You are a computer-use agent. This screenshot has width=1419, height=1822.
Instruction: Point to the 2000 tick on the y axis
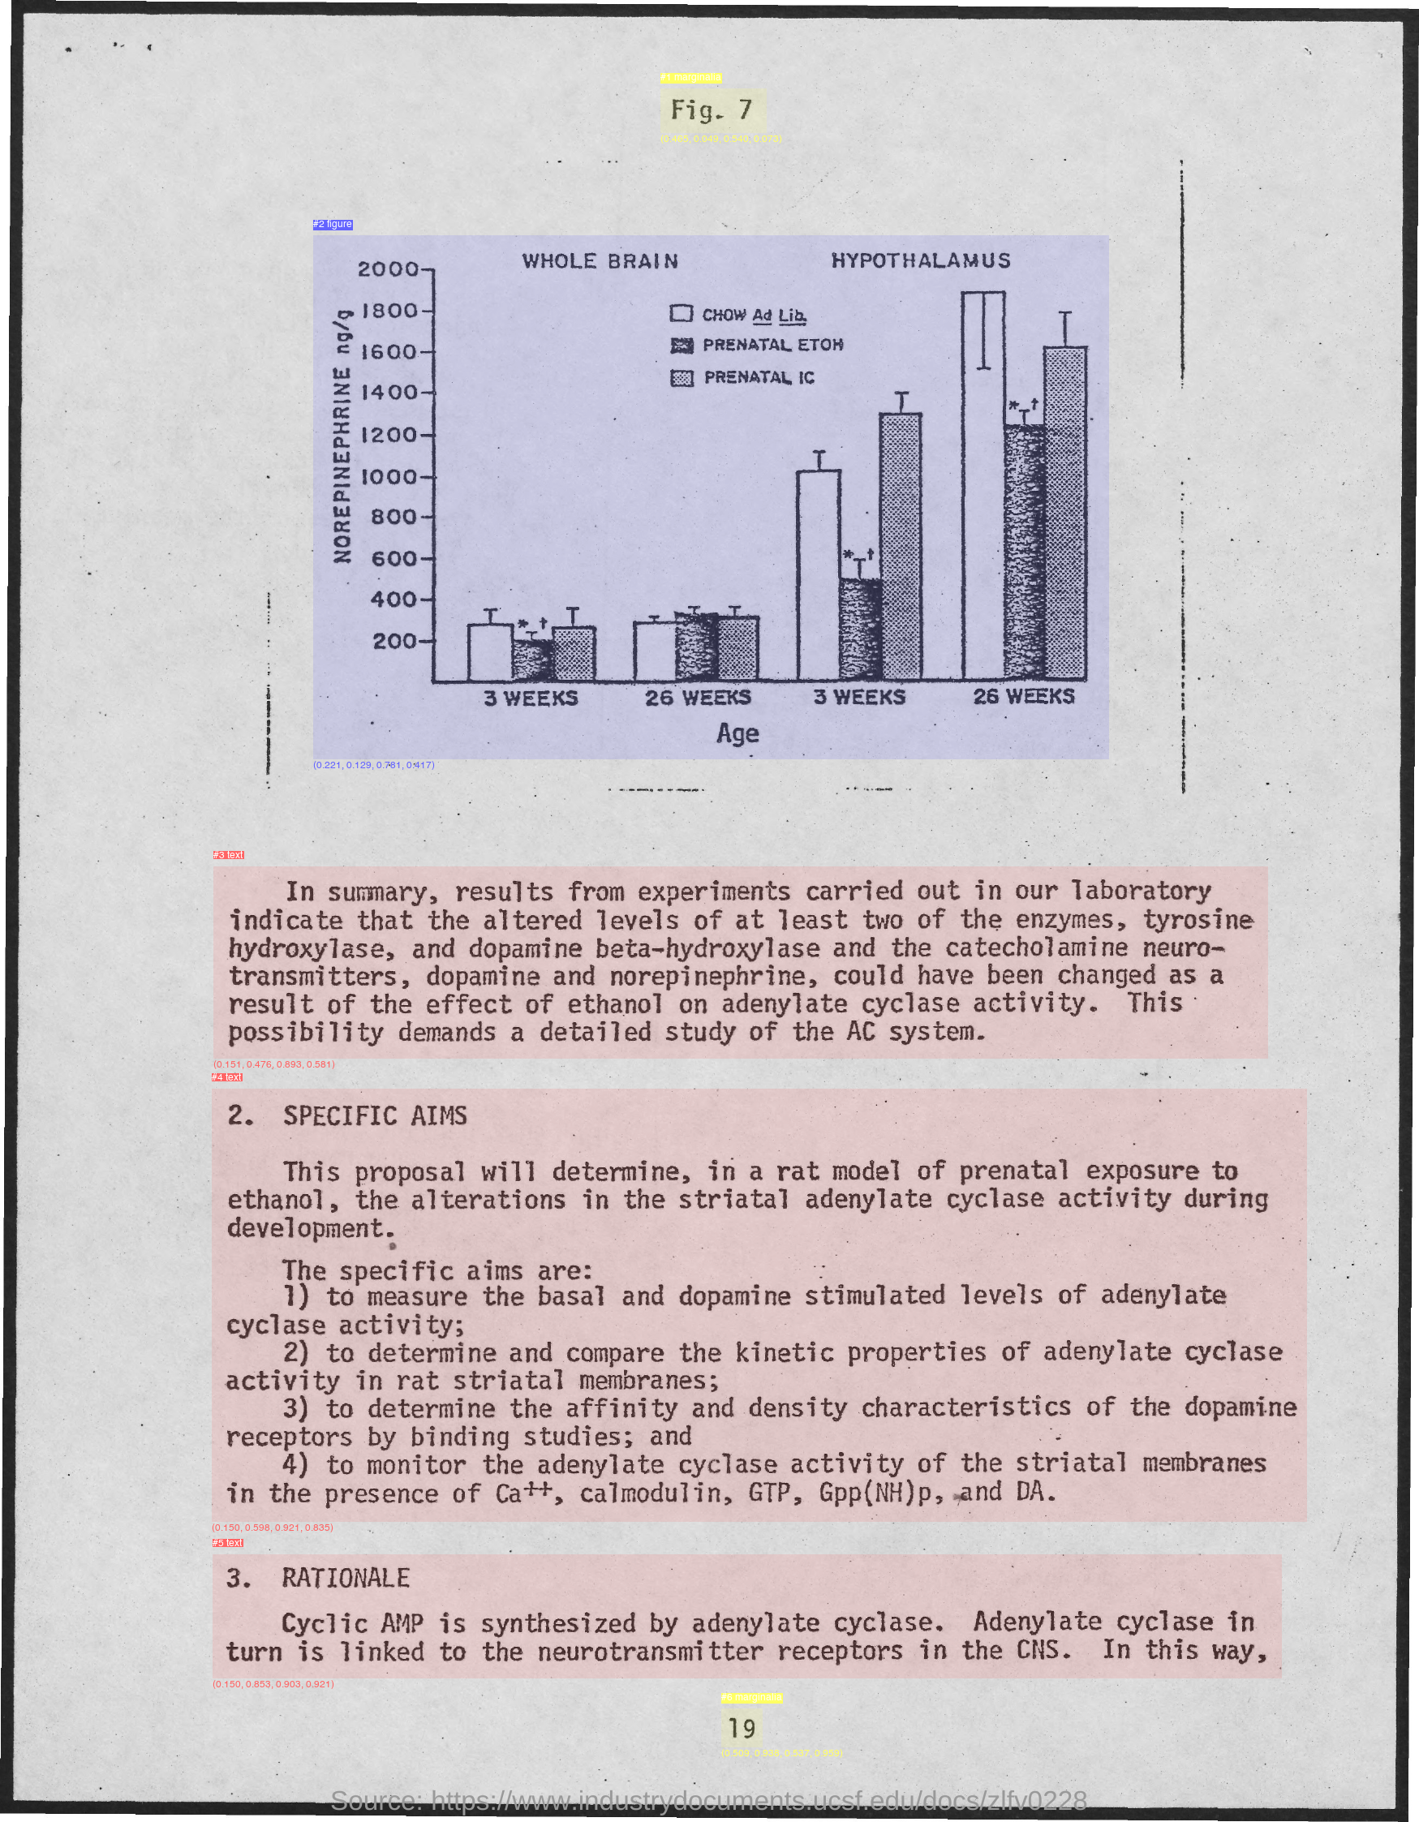pyautogui.click(x=389, y=269)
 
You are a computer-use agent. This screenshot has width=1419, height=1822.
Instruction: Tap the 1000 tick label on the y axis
pyautogui.click(x=389, y=477)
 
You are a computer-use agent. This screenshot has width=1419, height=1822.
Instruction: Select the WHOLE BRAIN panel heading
pyautogui.click(x=600, y=261)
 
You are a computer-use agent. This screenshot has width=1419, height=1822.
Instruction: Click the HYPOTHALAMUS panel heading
pyautogui.click(x=921, y=261)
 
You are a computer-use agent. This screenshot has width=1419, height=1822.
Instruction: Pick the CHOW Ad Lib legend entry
pyautogui.click(x=739, y=315)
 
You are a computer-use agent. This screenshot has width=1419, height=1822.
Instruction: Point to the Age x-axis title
pyautogui.click(x=737, y=733)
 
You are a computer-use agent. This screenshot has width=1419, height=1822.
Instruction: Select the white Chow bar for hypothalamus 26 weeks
pyautogui.click(x=983, y=501)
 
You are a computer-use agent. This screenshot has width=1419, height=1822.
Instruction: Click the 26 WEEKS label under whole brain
pyautogui.click(x=698, y=698)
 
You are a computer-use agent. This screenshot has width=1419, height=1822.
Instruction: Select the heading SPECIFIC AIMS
pyautogui.click(x=375, y=1115)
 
